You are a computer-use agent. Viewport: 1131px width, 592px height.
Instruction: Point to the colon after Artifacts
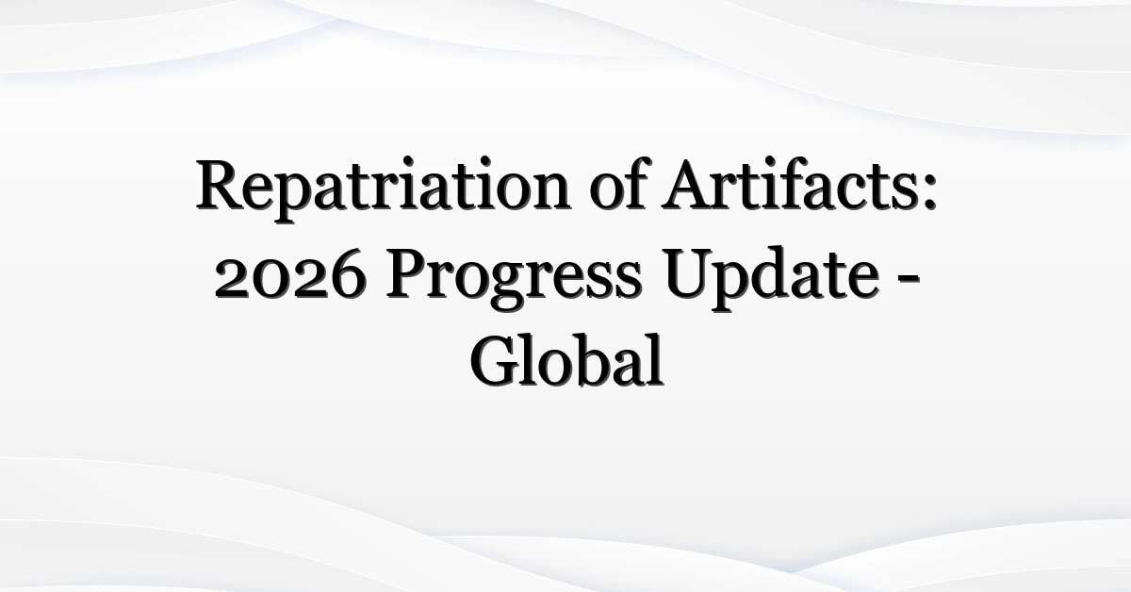[x=929, y=191]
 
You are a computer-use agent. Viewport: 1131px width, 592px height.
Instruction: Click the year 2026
[x=290, y=272]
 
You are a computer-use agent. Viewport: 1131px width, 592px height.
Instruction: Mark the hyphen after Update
[x=909, y=279]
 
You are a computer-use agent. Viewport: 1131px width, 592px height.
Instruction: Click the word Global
[x=567, y=359]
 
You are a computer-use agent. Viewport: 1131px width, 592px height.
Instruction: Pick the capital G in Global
[x=496, y=361]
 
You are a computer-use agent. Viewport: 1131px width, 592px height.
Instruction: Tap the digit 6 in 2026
[x=347, y=272]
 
